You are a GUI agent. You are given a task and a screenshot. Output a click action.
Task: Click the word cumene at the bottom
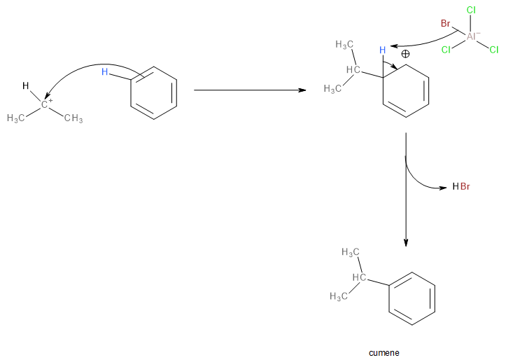384,352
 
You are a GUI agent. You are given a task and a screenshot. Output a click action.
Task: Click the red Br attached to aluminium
445,24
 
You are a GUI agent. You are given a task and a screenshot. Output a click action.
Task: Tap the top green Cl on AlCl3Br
471,11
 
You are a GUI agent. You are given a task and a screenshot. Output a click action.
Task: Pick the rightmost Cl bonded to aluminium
493,50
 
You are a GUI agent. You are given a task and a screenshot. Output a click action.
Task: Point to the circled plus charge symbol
405,53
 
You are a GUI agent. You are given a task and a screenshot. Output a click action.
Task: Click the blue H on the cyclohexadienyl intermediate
382,50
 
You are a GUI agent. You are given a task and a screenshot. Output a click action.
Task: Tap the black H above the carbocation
25,86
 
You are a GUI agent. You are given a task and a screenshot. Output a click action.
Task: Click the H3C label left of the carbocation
16,118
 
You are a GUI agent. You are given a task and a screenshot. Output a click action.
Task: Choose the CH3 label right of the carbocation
73,118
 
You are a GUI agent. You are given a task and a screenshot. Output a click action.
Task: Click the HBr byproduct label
461,187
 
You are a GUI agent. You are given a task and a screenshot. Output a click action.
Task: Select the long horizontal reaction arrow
249,90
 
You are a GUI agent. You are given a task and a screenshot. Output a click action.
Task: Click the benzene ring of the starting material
154,90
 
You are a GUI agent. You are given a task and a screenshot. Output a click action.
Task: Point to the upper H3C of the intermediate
344,44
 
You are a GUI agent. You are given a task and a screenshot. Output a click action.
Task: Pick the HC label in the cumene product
358,279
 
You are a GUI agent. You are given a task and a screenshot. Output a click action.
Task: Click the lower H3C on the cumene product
339,297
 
